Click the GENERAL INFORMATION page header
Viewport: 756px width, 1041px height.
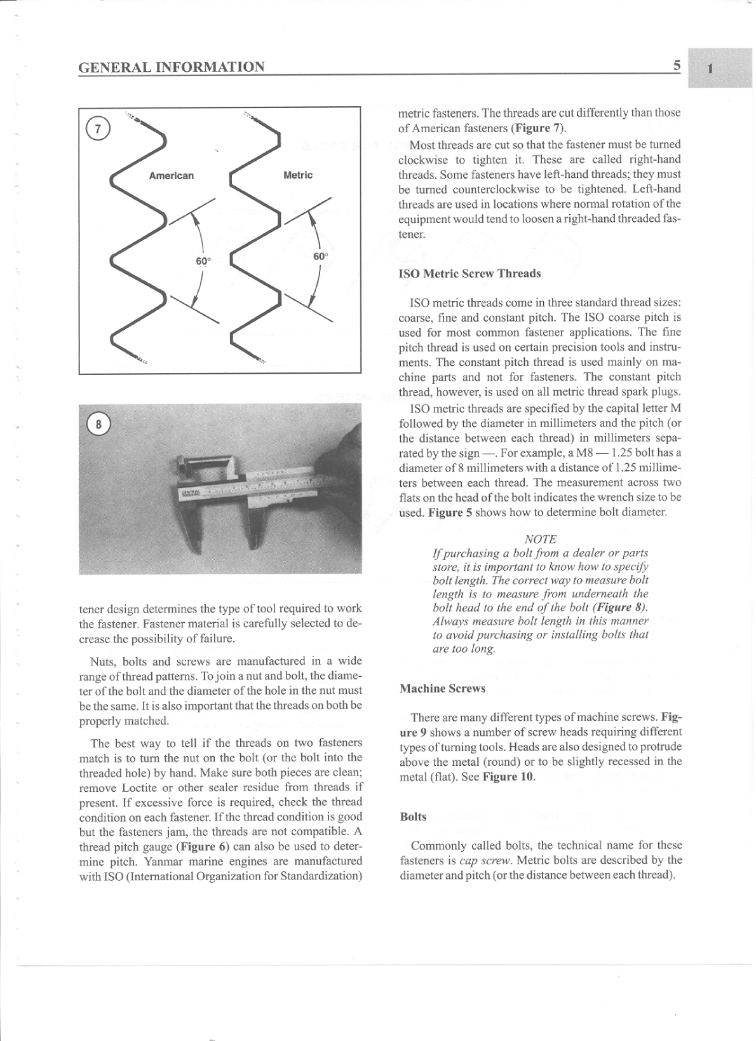pos(172,67)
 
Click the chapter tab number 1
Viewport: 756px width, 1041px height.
pos(710,68)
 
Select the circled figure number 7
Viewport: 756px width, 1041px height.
pos(97,128)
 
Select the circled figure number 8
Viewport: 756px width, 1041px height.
pos(98,424)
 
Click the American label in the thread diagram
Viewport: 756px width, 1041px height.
pos(171,175)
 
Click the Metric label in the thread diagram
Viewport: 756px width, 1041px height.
pos(297,175)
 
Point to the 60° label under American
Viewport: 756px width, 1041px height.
pos(203,261)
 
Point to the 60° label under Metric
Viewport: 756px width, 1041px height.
pos(320,256)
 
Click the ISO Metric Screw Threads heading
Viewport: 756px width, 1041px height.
pos(469,273)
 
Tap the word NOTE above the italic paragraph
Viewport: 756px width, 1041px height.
pos(540,539)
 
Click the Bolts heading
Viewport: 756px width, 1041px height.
pos(413,817)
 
